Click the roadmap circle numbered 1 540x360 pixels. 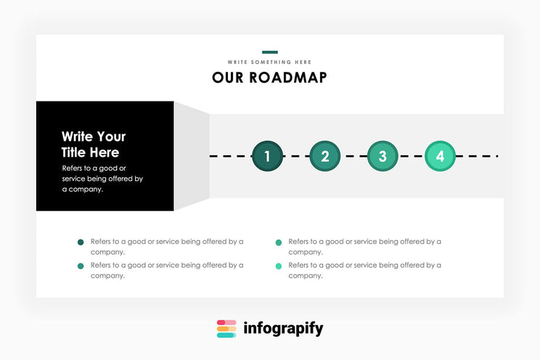tap(267, 156)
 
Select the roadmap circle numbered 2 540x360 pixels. tap(324, 156)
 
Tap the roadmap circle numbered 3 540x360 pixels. tap(382, 156)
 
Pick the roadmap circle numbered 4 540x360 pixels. tap(440, 156)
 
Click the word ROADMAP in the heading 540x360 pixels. tap(288, 78)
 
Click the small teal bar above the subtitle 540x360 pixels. tap(270, 52)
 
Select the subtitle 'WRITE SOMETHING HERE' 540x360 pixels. tap(270, 62)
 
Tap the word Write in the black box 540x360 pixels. tap(78, 136)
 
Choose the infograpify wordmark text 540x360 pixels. tap(283, 329)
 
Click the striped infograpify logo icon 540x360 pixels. tap(226, 329)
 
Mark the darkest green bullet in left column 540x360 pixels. tap(81, 242)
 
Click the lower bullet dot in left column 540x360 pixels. tap(81, 266)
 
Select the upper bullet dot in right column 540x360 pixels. tap(279, 242)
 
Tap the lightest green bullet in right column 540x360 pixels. tap(279, 266)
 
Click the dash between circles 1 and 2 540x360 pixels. tap(295, 156)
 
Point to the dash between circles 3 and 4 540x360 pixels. tap(411, 156)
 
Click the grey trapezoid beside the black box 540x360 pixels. tap(192, 156)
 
